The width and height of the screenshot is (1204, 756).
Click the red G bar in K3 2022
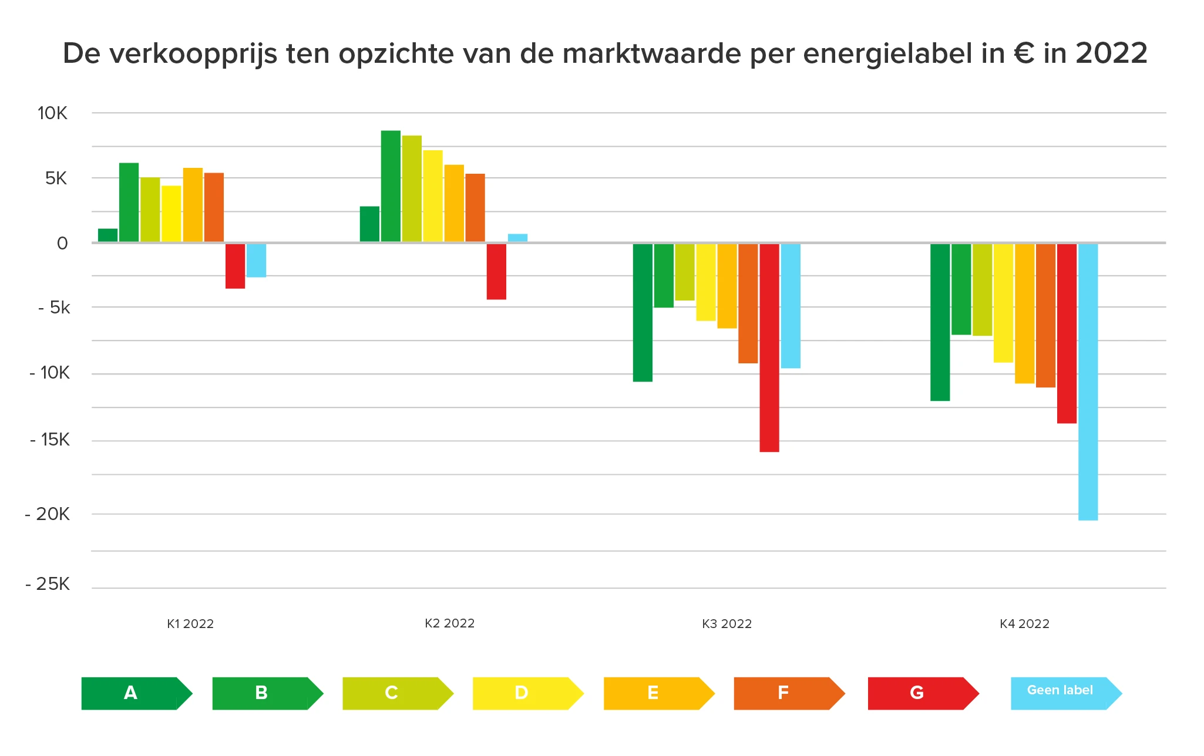pyautogui.click(x=769, y=347)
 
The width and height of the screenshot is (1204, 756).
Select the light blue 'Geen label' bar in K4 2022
pyautogui.click(x=1088, y=382)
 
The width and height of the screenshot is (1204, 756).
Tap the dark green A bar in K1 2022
pyautogui.click(x=107, y=235)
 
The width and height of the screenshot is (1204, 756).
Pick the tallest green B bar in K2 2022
pyautogui.click(x=391, y=186)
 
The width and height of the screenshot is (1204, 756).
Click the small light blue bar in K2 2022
pyautogui.click(x=517, y=238)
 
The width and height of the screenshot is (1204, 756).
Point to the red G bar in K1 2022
pyautogui.click(x=235, y=266)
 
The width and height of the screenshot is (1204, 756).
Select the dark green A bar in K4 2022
pyautogui.click(x=940, y=322)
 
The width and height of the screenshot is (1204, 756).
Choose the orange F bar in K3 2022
pyautogui.click(x=748, y=303)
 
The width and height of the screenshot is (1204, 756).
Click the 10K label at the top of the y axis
pyautogui.click(x=52, y=113)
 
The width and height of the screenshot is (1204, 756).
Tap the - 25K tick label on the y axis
pyautogui.click(x=48, y=584)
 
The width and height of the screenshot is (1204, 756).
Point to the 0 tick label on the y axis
pyautogui.click(x=62, y=243)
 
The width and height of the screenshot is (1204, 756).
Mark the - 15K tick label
pyautogui.click(x=49, y=440)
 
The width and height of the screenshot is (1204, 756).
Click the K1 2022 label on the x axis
pyautogui.click(x=190, y=624)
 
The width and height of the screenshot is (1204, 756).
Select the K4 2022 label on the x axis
pyautogui.click(x=1024, y=624)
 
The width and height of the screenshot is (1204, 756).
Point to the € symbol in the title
pyautogui.click(x=1024, y=54)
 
